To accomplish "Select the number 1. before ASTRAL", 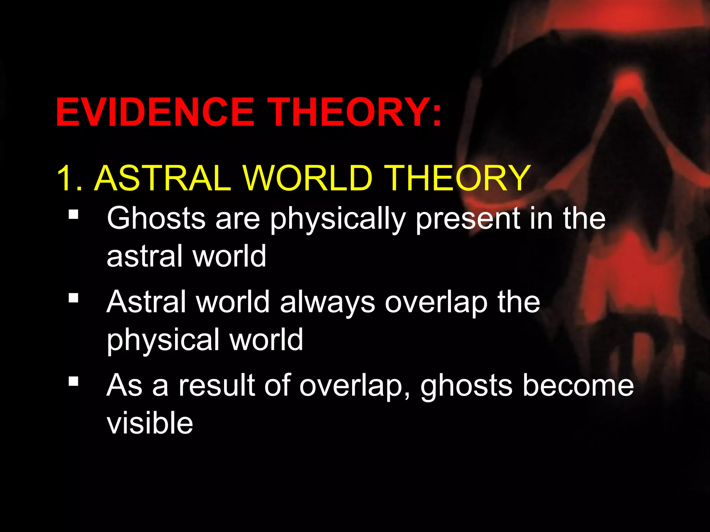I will [x=69, y=178].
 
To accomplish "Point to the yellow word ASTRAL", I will [x=163, y=178].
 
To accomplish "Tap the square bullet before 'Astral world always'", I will [x=73, y=298].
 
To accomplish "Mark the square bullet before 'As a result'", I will [x=73, y=382].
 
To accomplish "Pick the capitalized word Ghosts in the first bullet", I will [x=156, y=218].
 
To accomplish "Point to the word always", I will [x=327, y=302].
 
